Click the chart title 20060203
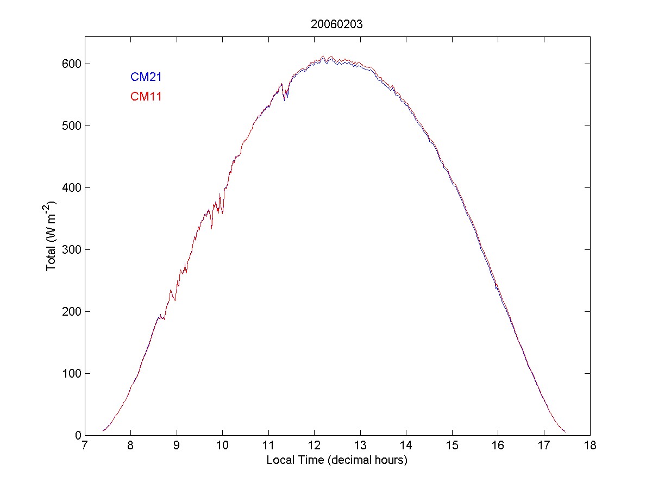coord(337,24)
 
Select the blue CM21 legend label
coord(146,77)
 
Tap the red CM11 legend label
coord(146,97)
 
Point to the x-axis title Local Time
coord(337,460)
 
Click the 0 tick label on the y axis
coord(77,435)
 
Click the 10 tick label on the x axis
coord(223,446)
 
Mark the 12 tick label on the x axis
coord(315,446)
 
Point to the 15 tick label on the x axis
coord(452,446)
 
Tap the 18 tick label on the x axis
coord(590,446)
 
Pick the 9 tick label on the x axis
coord(177,446)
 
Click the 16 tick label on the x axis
coord(498,446)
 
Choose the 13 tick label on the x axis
coord(360,446)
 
